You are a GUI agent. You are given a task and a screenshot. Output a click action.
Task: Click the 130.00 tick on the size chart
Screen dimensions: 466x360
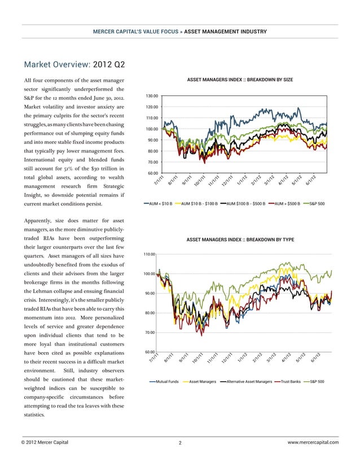point(152,96)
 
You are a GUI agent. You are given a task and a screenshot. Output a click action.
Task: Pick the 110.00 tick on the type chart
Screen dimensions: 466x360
point(150,254)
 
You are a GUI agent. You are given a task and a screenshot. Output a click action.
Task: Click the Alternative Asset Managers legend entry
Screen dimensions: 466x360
point(247,382)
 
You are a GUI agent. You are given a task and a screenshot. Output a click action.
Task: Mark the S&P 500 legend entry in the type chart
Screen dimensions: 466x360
point(314,382)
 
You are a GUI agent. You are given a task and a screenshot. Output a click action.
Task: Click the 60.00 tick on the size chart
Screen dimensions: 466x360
point(152,173)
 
